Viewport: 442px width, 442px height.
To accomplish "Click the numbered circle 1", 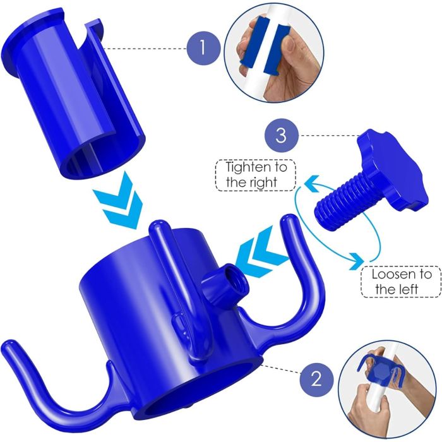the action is click(203, 49).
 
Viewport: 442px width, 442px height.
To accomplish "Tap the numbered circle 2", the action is click(316, 379).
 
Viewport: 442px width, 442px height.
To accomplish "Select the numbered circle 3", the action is click(281, 136).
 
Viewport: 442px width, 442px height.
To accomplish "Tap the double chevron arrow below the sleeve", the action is click(119, 202).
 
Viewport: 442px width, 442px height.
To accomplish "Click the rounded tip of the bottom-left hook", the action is click(8, 345).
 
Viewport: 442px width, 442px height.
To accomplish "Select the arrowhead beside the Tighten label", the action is click(311, 184).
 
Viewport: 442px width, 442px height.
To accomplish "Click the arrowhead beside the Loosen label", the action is click(355, 261).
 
